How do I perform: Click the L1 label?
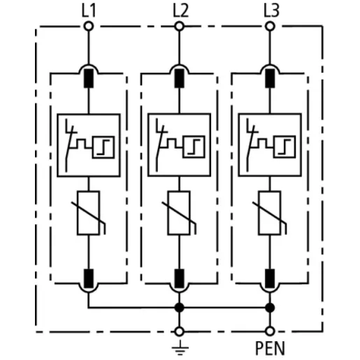click(x=89, y=10)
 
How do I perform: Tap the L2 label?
click(x=180, y=10)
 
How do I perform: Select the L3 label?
click(x=271, y=10)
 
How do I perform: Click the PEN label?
click(x=270, y=348)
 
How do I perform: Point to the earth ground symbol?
click(x=180, y=347)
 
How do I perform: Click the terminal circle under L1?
click(x=89, y=26)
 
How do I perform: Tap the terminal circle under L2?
click(x=179, y=26)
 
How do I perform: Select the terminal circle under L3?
click(x=270, y=26)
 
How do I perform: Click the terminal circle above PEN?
click(x=270, y=331)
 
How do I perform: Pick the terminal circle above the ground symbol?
click(x=179, y=331)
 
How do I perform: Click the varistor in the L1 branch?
click(x=89, y=213)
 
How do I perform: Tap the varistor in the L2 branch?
click(x=179, y=213)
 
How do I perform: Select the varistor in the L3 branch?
click(x=270, y=213)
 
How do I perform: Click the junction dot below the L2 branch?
click(x=179, y=308)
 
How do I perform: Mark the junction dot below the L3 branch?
click(x=270, y=308)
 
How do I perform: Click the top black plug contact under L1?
click(x=89, y=78)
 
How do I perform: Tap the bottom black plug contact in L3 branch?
click(x=270, y=278)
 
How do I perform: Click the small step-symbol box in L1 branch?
click(x=103, y=147)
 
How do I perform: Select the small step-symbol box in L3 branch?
click(x=285, y=147)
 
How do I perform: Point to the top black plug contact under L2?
click(x=179, y=78)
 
